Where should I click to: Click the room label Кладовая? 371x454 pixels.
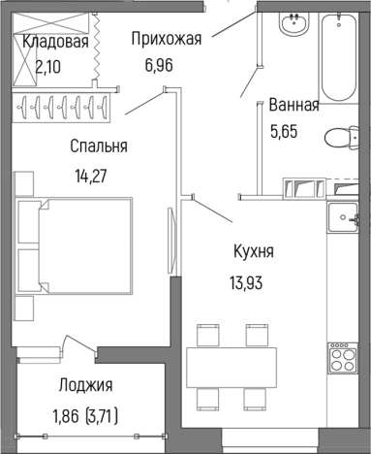(55, 42)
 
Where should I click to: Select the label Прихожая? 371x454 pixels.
(166, 39)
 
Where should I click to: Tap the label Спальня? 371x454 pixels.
(99, 146)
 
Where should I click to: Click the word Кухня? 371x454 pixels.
(253, 251)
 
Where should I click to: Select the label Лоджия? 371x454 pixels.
(85, 385)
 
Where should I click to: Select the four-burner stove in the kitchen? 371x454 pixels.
(342, 363)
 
